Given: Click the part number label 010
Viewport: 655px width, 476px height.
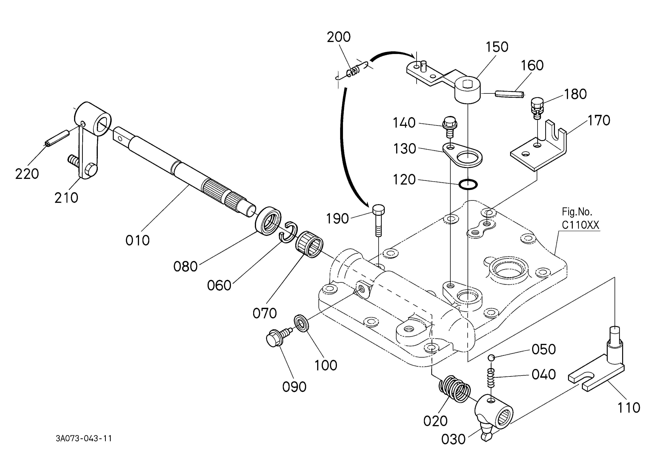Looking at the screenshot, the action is point(137,240).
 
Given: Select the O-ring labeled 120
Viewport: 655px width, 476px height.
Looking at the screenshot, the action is point(468,184).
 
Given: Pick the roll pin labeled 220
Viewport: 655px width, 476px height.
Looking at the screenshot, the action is point(57,138).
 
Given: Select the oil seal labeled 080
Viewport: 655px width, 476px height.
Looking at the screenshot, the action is point(268,221).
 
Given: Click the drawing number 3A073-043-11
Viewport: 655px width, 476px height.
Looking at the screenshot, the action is point(84,438).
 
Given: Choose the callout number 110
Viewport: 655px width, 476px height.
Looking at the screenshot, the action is point(629,408).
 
